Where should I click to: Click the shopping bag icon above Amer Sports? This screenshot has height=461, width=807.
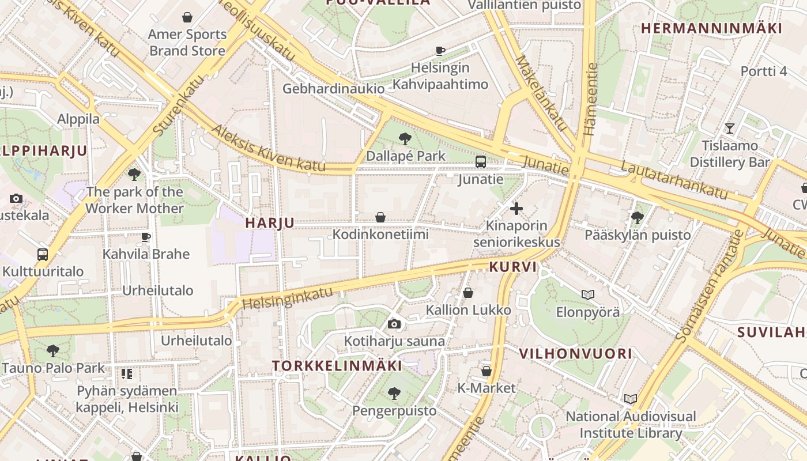[187, 18]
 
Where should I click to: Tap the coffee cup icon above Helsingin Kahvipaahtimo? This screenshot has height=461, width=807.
[440, 51]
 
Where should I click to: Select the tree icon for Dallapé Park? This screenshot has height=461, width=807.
[405, 139]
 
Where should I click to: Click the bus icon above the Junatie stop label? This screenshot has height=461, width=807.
[481, 162]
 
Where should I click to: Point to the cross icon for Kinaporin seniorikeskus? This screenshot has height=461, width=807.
[516, 208]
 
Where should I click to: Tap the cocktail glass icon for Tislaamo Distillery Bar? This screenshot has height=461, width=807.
[730, 129]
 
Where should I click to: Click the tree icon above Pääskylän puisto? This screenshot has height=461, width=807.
[638, 218]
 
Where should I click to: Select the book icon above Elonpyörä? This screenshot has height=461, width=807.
[588, 295]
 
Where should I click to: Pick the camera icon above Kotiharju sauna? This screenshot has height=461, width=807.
[394, 324]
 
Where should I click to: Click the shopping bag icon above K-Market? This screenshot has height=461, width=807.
[487, 371]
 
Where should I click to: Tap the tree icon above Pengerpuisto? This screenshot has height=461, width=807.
[394, 394]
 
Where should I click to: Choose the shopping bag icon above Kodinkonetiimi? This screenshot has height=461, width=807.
[380, 217]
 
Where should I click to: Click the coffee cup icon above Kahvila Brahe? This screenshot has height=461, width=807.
[146, 237]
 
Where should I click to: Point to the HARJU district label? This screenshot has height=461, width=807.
[270, 223]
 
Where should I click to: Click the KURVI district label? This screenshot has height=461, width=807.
[513, 267]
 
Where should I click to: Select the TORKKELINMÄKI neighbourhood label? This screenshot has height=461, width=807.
[337, 366]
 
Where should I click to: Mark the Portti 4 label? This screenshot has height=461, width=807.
[763, 71]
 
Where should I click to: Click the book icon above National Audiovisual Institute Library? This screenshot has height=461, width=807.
[631, 399]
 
